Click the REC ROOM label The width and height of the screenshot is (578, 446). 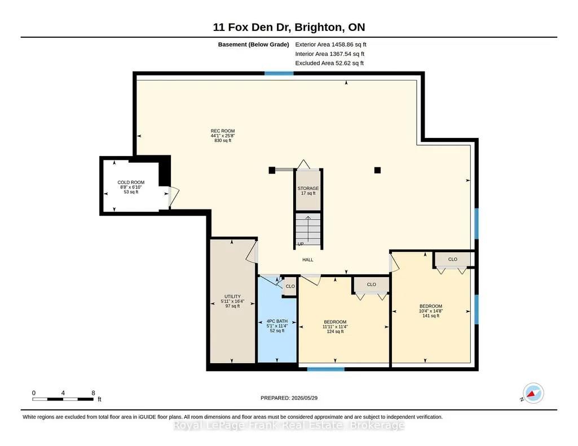click(x=223, y=131)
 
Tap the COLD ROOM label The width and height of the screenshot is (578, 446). click(x=131, y=182)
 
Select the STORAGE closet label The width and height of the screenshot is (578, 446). click(x=308, y=189)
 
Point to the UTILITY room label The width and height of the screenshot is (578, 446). click(x=232, y=297)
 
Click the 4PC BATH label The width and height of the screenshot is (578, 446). click(x=277, y=321)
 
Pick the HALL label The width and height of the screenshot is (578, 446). click(x=308, y=260)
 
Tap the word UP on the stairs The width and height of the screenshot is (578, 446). click(x=301, y=244)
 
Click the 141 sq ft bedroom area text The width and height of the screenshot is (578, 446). click(x=431, y=316)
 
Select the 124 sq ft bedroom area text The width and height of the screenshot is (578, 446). click(x=335, y=332)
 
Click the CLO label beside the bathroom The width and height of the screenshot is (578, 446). click(x=290, y=286)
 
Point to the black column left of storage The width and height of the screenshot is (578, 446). click(x=272, y=170)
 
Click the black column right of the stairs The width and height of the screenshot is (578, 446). click(x=377, y=170)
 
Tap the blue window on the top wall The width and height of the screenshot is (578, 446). click(x=279, y=73)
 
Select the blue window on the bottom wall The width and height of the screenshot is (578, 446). click(x=326, y=369)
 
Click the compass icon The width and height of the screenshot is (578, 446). click(x=533, y=394)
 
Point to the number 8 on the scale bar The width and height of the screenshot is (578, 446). click(x=93, y=393)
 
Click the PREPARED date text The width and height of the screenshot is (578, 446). click(x=289, y=398)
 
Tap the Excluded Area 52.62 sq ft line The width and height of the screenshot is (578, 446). click(x=329, y=63)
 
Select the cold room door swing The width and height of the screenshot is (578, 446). click(x=174, y=197)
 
